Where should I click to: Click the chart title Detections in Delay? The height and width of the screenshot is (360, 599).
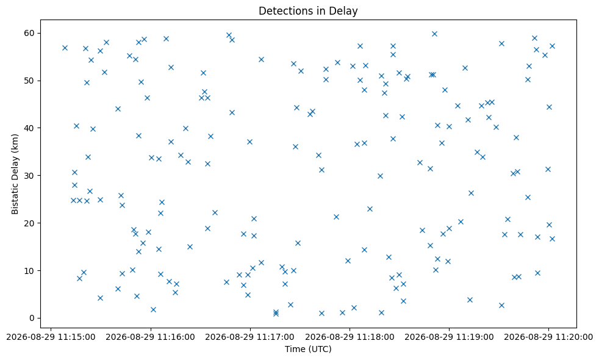click(x=308, y=11)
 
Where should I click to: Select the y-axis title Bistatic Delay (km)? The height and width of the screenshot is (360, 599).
click(x=15, y=174)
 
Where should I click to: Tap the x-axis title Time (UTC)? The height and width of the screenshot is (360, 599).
click(x=308, y=349)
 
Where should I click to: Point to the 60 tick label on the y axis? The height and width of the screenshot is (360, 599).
click(x=30, y=33)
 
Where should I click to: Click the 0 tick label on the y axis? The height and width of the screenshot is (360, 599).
click(x=32, y=318)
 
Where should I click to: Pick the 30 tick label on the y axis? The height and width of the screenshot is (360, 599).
click(x=30, y=176)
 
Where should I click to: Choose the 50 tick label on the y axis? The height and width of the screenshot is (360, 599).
click(x=30, y=81)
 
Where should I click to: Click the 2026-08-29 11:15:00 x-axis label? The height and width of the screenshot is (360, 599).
click(x=51, y=337)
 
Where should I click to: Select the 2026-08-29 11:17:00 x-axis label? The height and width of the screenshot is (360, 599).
click(x=250, y=337)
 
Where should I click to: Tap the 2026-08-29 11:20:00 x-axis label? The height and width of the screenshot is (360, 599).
click(x=548, y=337)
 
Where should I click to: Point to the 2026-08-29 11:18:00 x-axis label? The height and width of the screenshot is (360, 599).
click(x=350, y=337)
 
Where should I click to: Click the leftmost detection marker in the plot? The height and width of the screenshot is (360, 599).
click(x=65, y=48)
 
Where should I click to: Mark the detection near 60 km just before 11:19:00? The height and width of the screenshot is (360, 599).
click(x=434, y=34)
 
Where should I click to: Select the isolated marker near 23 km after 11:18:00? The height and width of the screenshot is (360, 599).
click(x=370, y=209)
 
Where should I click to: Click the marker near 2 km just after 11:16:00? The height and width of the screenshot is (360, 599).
click(x=153, y=309)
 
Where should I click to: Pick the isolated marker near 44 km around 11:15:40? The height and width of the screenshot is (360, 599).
click(x=118, y=109)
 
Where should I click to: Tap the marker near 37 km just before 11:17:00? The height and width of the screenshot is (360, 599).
click(x=249, y=142)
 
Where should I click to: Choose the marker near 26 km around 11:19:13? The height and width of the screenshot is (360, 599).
click(x=471, y=193)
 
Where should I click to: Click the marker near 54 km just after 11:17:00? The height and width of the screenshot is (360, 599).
click(x=261, y=59)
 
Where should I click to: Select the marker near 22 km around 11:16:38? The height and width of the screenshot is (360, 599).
click(x=215, y=212)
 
